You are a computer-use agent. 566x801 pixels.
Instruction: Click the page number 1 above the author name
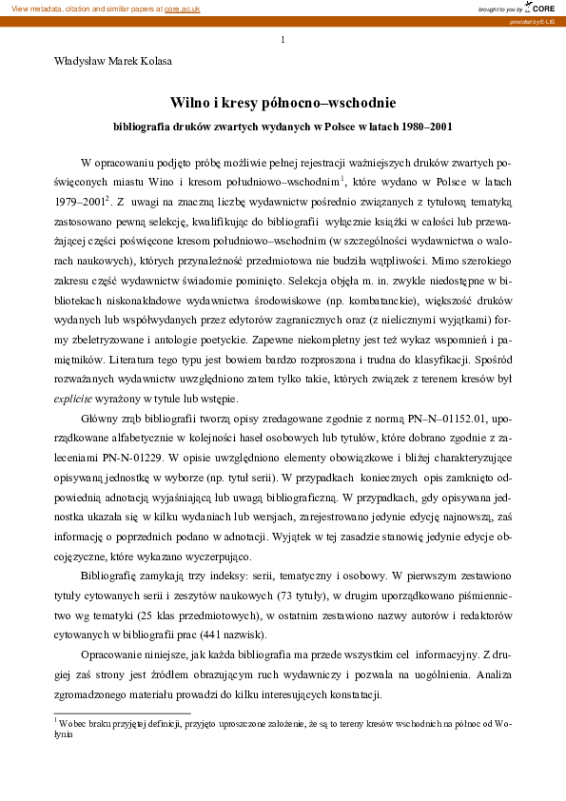click(x=283, y=39)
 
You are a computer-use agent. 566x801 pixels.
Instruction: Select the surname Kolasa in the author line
click(x=151, y=62)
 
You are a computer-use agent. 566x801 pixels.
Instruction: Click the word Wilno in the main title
click(x=190, y=101)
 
